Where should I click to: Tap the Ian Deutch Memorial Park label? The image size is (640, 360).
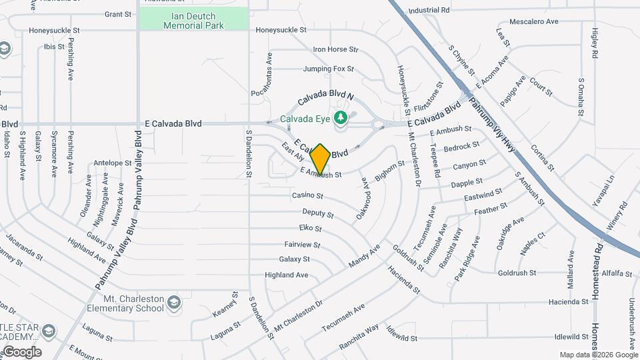click(x=194, y=19)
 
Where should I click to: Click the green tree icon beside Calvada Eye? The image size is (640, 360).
click(x=341, y=118)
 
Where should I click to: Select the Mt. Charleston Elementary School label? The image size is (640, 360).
click(x=125, y=303)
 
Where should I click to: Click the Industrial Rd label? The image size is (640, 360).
click(x=429, y=11)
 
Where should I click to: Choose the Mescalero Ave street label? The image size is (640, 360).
click(x=533, y=21)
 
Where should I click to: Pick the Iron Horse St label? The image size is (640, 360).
click(x=336, y=49)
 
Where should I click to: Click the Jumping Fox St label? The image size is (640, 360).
click(x=328, y=69)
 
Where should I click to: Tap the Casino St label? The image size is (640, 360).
click(x=307, y=196)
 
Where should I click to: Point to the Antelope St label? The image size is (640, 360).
click(x=113, y=163)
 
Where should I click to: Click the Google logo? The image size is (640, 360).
click(x=22, y=352)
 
